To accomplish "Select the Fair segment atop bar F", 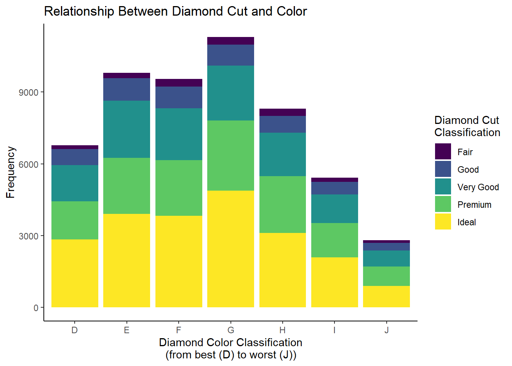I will [x=179, y=83].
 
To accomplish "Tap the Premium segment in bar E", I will [x=126, y=186].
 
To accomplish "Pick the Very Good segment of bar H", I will [x=282, y=154].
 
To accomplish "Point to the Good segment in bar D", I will [x=75, y=157].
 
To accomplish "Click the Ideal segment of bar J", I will [x=386, y=296].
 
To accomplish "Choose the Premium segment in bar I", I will [x=334, y=240].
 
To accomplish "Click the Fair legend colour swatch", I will [x=443, y=152].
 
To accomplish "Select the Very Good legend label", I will [x=478, y=187].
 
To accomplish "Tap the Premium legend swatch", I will [x=443, y=204].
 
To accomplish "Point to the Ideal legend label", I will [x=467, y=222].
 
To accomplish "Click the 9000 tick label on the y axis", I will [x=29, y=93].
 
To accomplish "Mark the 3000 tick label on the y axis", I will [x=29, y=236].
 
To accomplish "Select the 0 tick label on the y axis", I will [x=36, y=308].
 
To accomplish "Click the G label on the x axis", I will [x=230, y=330].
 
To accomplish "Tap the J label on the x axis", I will [x=386, y=330].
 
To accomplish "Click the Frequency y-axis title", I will [x=11, y=172].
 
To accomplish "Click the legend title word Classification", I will [x=467, y=133].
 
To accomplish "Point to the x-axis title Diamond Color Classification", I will [x=230, y=342].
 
